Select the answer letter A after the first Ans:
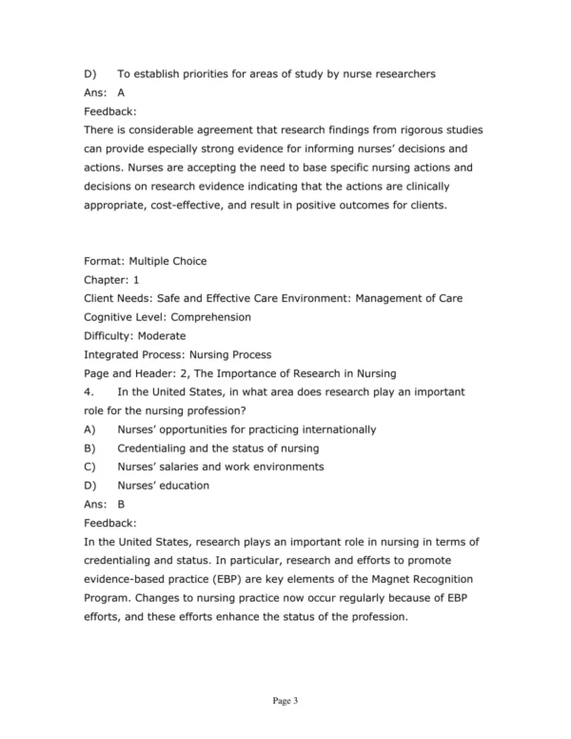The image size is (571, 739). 121,93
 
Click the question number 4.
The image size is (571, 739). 88,391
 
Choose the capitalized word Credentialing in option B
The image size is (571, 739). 158,448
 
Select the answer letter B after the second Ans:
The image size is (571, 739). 121,504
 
